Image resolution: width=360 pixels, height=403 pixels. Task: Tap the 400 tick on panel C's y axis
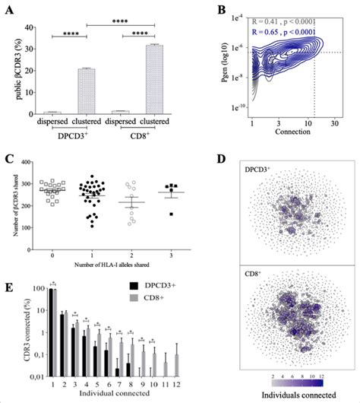tap(30, 162)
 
